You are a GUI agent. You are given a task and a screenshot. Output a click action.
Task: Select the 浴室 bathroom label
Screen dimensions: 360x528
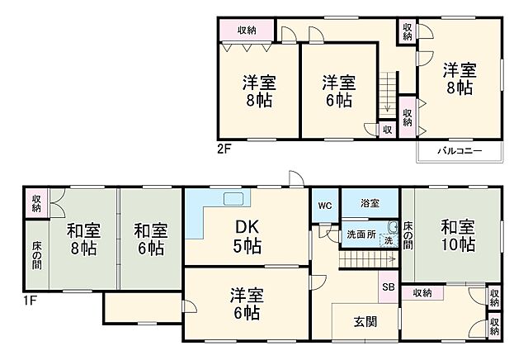click(370, 203)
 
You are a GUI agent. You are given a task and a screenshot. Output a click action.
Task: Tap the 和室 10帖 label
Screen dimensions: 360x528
click(457, 234)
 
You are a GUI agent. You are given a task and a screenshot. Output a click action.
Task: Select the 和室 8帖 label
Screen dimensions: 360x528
click(83, 238)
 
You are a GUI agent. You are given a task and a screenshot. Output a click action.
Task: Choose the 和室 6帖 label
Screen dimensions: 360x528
click(149, 238)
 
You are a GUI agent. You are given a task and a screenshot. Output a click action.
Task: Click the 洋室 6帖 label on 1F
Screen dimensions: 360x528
click(247, 303)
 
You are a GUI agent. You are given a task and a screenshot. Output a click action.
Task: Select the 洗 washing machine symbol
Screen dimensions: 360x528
click(389, 240)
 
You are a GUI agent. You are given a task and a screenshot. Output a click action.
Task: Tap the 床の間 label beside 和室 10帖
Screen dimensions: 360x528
click(408, 234)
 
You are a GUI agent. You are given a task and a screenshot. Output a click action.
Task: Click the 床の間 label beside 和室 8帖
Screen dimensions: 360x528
click(36, 254)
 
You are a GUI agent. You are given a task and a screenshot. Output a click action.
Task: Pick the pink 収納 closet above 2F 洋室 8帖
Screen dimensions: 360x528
click(246, 31)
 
